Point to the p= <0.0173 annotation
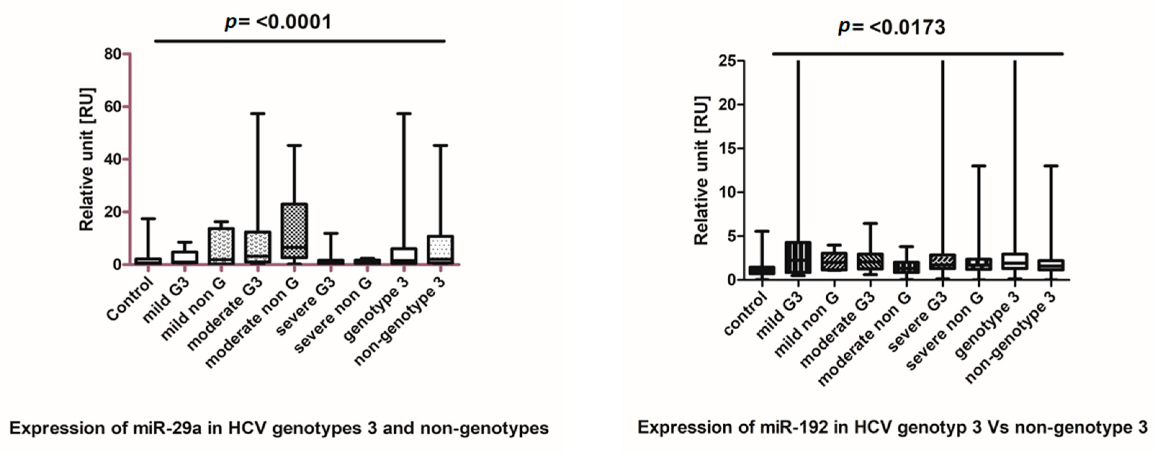pyautogui.click(x=892, y=27)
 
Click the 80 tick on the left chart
pyautogui.click(x=112, y=54)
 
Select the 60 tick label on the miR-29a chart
pyautogui.click(x=112, y=107)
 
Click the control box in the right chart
pyautogui.click(x=762, y=270)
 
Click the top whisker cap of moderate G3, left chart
pyautogui.click(x=257, y=114)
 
